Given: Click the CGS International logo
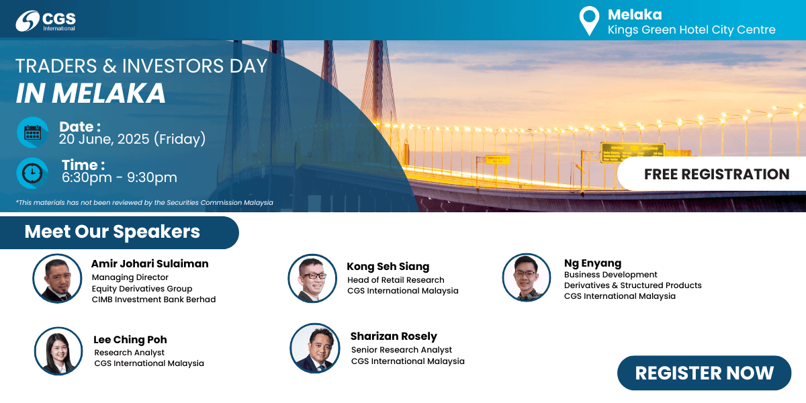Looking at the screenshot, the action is click(46, 21).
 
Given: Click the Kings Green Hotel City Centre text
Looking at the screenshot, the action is click(691, 30).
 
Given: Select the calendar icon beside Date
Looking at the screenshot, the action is click(32, 132).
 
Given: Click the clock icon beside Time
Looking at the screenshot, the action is click(32, 173).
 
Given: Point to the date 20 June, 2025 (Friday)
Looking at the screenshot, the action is click(132, 139).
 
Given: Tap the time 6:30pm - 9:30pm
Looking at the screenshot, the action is click(120, 177).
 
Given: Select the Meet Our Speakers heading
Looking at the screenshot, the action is click(112, 231).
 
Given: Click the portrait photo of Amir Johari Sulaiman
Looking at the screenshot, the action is click(58, 278).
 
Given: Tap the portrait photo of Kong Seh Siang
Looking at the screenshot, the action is click(312, 278).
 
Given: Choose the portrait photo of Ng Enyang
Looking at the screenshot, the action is click(527, 277).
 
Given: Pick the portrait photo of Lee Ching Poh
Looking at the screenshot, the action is click(58, 351).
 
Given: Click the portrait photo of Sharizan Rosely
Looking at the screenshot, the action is click(315, 348).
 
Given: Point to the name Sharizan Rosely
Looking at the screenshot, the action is click(394, 336).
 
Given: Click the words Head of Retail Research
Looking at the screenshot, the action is click(396, 280).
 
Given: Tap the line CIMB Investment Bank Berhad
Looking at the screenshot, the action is click(154, 300).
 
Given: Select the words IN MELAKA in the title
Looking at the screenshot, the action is click(91, 93).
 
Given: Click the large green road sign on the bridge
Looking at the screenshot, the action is click(633, 152).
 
